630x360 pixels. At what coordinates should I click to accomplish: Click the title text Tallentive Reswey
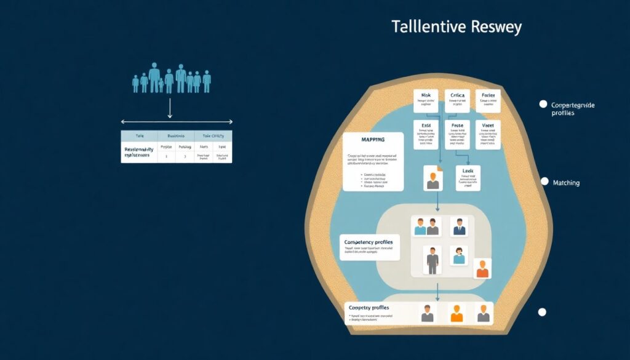coord(456,28)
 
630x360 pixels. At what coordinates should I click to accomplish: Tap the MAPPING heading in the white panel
coord(363,140)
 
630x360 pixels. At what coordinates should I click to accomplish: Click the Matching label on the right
coord(566,183)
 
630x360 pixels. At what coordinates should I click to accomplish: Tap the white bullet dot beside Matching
coord(543,182)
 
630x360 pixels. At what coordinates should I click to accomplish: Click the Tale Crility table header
coord(213,136)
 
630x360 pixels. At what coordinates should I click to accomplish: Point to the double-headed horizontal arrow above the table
coord(177,122)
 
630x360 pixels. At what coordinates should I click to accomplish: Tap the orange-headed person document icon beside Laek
coord(433,178)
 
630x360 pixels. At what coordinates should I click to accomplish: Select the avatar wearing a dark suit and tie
coord(458,226)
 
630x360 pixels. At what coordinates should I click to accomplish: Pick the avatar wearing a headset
coord(458,255)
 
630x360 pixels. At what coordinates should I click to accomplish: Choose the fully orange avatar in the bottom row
coord(456,313)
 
